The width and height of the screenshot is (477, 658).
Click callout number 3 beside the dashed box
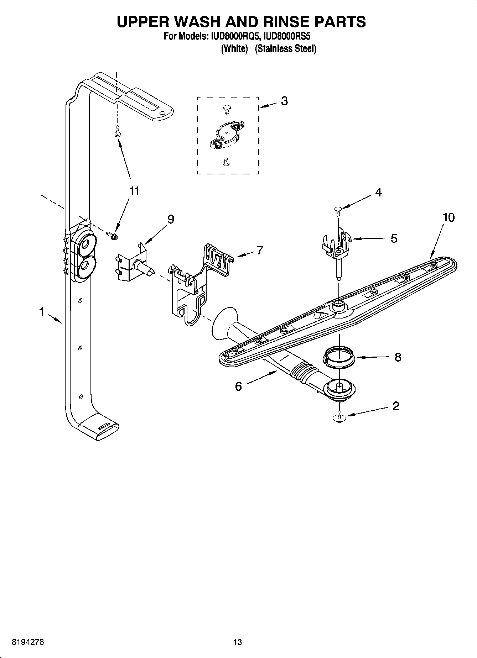tap(284, 101)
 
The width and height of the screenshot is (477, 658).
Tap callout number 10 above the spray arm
tap(449, 217)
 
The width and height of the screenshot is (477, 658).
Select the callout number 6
tap(238, 386)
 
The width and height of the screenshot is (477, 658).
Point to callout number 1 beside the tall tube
tap(42, 312)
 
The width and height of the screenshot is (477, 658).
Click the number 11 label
tap(134, 191)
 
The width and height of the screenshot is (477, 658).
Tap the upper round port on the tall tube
tap(85, 244)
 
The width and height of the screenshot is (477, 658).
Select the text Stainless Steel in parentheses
tap(286, 49)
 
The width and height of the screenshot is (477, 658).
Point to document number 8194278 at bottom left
tap(28, 642)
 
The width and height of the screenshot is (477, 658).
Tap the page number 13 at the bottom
tap(237, 642)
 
